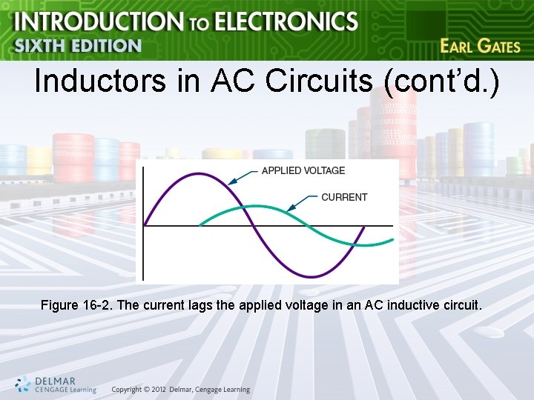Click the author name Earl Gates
click(480, 46)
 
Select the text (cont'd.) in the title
click(442, 81)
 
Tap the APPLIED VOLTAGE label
click(303, 170)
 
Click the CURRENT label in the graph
click(343, 197)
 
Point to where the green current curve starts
click(199, 225)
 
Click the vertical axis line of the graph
click(142, 222)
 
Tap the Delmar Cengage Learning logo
click(56, 384)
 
